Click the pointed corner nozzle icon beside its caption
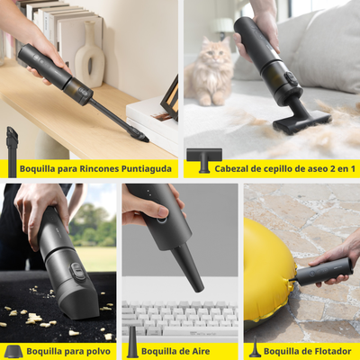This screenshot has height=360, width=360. (x=13, y=152)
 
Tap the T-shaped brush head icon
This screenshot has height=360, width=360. (x=204, y=160)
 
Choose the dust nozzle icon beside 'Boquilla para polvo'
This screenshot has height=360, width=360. (x=13, y=352)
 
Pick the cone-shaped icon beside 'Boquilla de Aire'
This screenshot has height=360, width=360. (x=132, y=342)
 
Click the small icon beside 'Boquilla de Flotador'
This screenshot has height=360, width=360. (x=256, y=347)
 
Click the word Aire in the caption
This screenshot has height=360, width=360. (x=200, y=351)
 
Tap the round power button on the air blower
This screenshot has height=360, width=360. (x=161, y=220)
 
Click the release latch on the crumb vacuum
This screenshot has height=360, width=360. (x=77, y=272)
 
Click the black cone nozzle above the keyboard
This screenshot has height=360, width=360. (x=189, y=267)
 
